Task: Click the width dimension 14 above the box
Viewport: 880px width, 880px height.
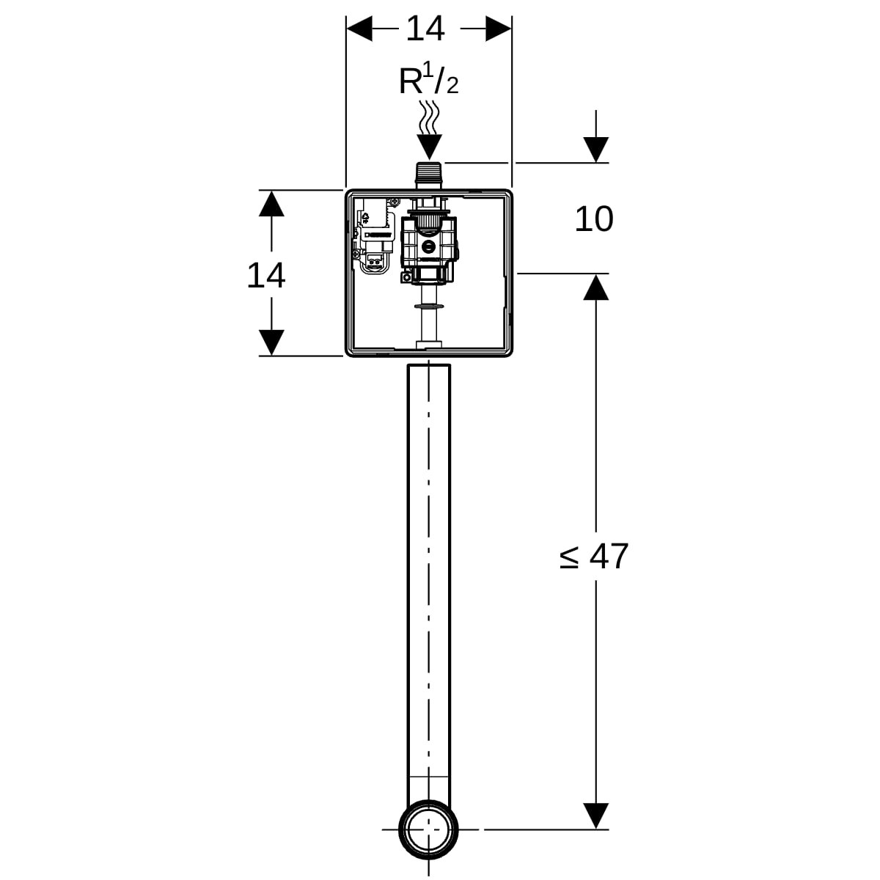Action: click(x=425, y=29)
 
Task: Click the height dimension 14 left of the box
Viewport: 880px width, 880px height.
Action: click(x=265, y=276)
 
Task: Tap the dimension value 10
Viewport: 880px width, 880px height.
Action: click(x=594, y=219)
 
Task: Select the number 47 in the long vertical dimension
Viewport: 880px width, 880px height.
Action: click(x=609, y=556)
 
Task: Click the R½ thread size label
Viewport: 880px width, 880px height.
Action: click(x=428, y=81)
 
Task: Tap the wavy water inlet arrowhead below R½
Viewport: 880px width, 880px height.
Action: click(x=429, y=147)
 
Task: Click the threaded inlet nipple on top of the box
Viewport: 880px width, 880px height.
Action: click(x=429, y=175)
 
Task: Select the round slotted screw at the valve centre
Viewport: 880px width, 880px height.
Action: click(x=429, y=247)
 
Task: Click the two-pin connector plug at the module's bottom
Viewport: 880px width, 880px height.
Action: click(x=375, y=262)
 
